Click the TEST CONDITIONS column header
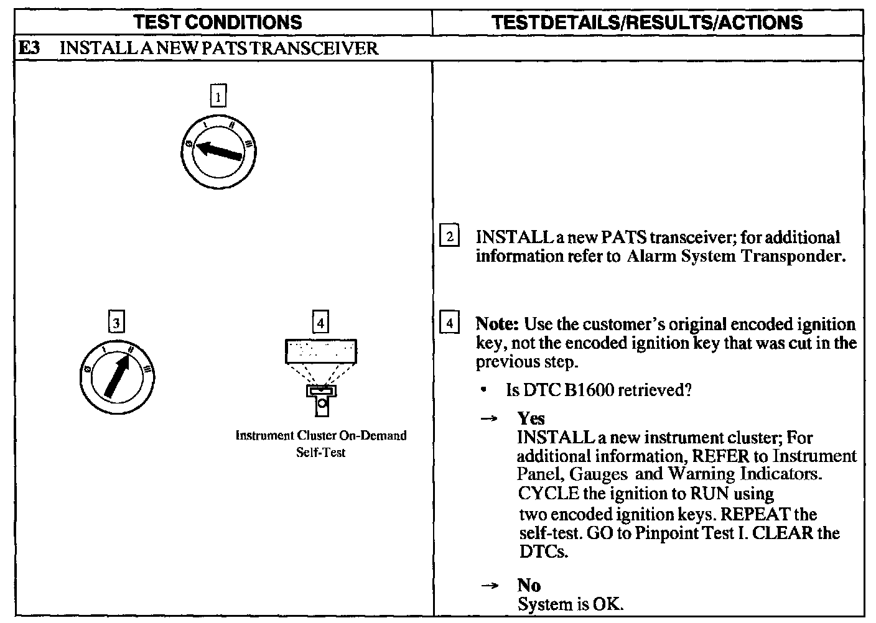[x=218, y=23]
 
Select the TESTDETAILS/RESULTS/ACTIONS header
[x=647, y=23]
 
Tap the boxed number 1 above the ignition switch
[x=218, y=97]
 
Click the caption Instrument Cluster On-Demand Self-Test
[x=321, y=444]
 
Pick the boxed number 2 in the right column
[x=450, y=237]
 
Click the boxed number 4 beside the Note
[x=450, y=324]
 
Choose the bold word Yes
[x=531, y=418]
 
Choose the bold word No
[x=529, y=585]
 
